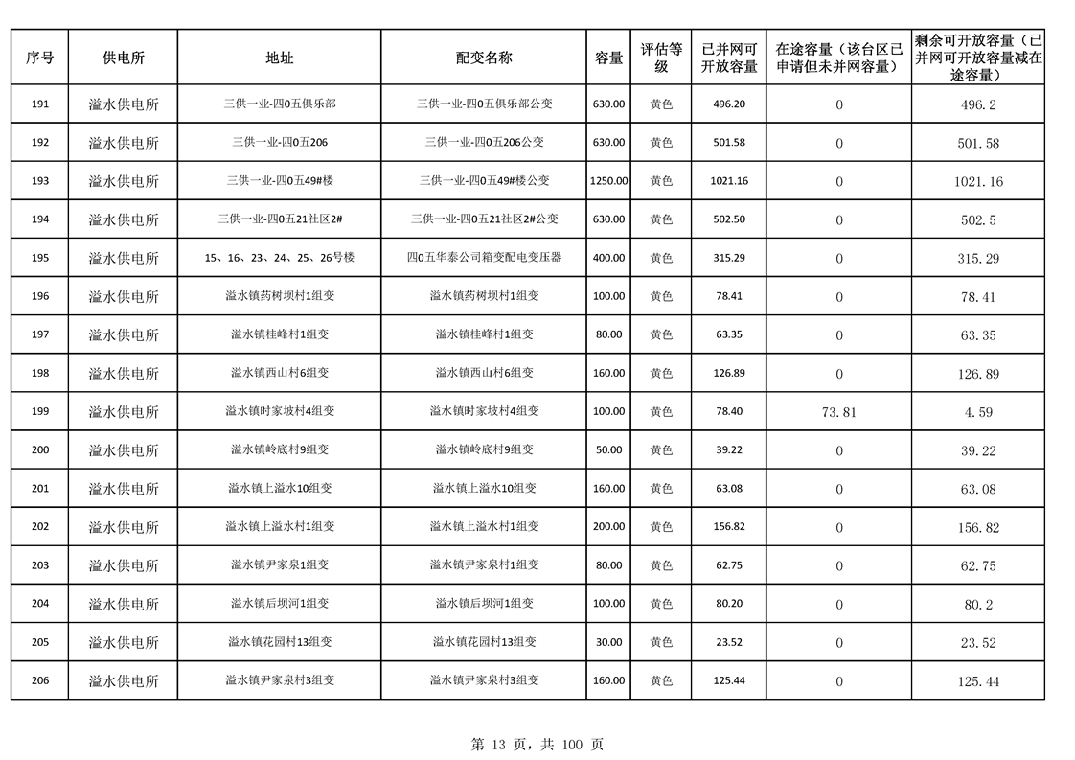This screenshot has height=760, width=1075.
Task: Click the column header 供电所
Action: [124, 58]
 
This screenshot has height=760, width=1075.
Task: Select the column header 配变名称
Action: [484, 58]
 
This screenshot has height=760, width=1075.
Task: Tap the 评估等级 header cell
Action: [661, 58]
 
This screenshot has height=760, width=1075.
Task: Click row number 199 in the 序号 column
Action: [40, 411]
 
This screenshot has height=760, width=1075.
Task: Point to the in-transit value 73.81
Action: [839, 412]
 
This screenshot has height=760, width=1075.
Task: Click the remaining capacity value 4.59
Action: [978, 412]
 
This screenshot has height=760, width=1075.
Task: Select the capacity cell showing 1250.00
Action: [608, 181]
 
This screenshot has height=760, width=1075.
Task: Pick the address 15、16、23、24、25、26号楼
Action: [280, 258]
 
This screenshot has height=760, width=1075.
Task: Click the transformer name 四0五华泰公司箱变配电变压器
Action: [484, 258]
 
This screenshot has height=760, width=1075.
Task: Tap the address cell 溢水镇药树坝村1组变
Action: [280, 296]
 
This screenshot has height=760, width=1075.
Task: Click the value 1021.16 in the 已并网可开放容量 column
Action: [729, 181]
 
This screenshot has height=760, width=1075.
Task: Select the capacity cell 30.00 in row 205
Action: [608, 642]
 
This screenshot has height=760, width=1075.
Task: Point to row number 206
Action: [40, 680]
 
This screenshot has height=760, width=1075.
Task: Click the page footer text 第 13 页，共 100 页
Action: [537, 744]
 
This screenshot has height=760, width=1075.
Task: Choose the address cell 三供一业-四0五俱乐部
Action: [280, 104]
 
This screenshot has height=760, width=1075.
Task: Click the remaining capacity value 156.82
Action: [978, 527]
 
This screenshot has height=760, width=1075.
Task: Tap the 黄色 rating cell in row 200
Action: [661, 449]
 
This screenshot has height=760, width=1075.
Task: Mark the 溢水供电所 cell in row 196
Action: [124, 296]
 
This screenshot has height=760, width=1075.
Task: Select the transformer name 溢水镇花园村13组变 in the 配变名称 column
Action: [484, 642]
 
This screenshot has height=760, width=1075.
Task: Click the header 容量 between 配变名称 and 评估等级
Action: [608, 58]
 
